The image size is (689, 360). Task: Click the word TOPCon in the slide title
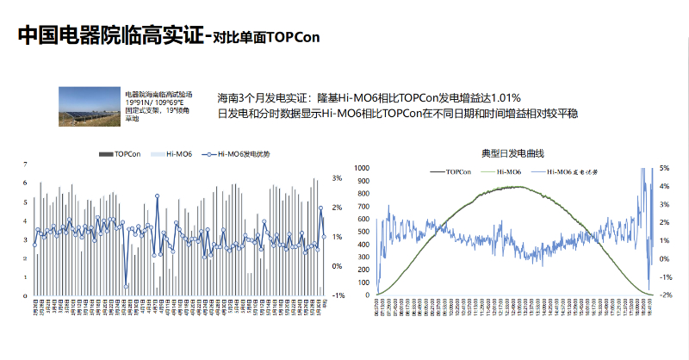click(294, 36)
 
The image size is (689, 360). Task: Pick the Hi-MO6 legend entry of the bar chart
click(171, 153)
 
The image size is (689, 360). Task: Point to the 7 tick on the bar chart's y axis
click(25, 164)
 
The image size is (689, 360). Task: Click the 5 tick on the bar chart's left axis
click(25, 202)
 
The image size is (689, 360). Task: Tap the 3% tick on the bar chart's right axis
click(338, 178)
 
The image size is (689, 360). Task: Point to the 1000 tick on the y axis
click(361, 168)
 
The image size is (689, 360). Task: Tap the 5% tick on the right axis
click(665, 168)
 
